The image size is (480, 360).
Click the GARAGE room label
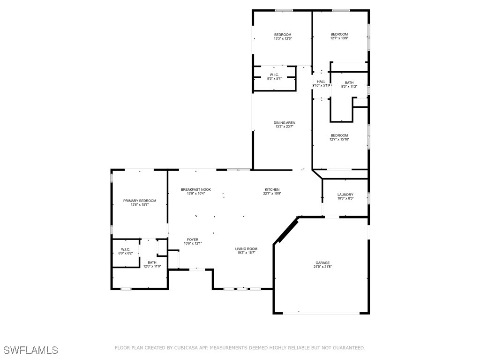click(322, 262)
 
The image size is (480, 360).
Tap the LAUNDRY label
click(345, 195)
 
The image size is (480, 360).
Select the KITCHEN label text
click(272, 189)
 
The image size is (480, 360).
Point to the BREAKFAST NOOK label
click(196, 189)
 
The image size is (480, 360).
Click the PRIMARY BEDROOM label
click(140, 201)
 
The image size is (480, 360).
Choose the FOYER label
click(193, 240)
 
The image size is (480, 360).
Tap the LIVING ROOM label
click(246, 249)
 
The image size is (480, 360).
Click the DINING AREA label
click(285, 123)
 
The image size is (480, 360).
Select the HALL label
click(321, 82)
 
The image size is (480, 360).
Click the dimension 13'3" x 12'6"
click(283, 38)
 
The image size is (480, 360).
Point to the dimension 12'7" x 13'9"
click(339, 38)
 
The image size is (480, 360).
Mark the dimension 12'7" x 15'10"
click(339, 139)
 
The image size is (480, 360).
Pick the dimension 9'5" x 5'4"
click(274, 78)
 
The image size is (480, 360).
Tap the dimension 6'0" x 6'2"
click(126, 253)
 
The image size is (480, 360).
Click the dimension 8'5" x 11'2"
click(349, 87)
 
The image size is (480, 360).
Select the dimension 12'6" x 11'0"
click(152, 266)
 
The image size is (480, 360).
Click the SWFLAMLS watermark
click(31, 350)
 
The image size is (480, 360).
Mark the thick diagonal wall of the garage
click(286, 230)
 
